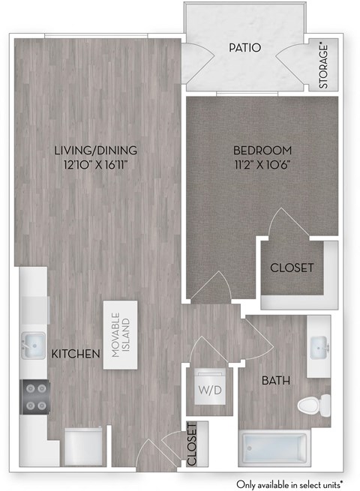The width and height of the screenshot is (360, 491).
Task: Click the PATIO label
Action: pyautogui.click(x=246, y=49)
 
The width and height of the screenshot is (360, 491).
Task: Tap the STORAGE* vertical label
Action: pyautogui.click(x=324, y=67)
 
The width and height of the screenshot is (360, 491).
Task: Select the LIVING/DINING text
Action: pyautogui.click(x=95, y=150)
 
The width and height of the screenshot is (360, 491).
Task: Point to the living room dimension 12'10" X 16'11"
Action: pyautogui.click(x=95, y=164)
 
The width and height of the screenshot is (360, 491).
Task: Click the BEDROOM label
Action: pyautogui.click(x=261, y=150)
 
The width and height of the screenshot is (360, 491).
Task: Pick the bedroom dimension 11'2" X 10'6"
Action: pyautogui.click(x=261, y=164)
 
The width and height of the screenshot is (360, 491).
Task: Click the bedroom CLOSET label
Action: pyautogui.click(x=292, y=267)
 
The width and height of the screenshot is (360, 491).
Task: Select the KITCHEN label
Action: pyautogui.click(x=76, y=353)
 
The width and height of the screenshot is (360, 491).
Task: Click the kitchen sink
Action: pyautogui.click(x=33, y=346)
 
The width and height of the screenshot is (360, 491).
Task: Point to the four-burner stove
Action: pyautogui.click(x=34, y=397)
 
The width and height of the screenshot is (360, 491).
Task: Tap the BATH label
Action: pyautogui.click(x=273, y=381)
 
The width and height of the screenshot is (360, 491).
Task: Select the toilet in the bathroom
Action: pyautogui.click(x=313, y=406)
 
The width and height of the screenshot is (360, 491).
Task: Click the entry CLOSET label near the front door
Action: pyautogui.click(x=192, y=445)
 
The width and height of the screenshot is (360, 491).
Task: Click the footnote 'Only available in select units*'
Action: pyautogui.click(x=290, y=483)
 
